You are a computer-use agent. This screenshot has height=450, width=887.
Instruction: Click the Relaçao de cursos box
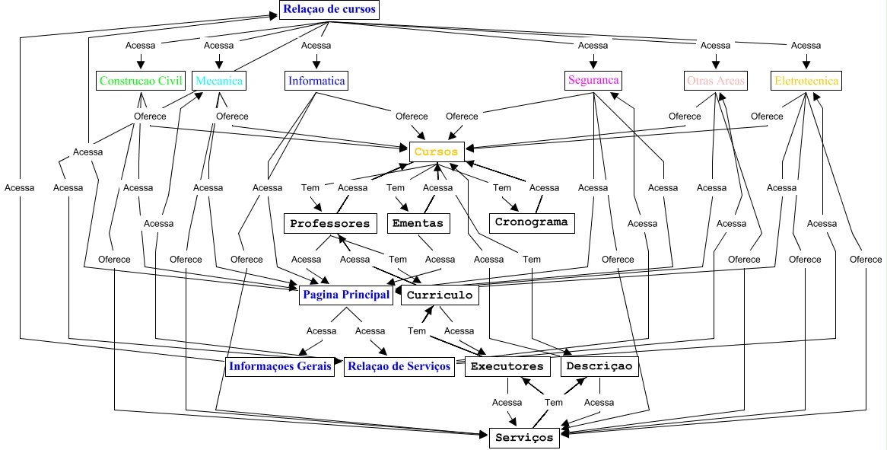point(329,10)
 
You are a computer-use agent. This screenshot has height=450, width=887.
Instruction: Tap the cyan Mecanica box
point(219,81)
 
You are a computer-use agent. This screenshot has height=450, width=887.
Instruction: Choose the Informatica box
point(316,81)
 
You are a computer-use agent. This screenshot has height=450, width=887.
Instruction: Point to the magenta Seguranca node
point(593,80)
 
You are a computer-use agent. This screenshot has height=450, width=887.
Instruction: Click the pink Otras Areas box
point(715,81)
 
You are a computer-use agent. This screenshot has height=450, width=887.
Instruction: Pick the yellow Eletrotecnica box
point(806,81)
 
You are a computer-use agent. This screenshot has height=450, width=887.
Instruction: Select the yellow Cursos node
point(437,152)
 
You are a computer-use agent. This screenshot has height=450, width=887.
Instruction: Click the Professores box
point(330,224)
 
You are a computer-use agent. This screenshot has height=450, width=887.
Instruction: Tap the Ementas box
point(418,224)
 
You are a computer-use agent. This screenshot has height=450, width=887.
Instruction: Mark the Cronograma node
point(532,222)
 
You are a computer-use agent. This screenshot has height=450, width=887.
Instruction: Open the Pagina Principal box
point(346,295)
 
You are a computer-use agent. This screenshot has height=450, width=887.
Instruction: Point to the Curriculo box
point(440,295)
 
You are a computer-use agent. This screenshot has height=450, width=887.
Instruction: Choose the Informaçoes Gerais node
point(281,366)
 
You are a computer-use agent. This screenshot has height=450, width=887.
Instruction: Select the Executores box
point(507,366)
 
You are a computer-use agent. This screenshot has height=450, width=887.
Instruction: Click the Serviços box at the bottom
point(524,438)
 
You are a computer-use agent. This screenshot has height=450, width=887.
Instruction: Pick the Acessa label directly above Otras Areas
point(715,45)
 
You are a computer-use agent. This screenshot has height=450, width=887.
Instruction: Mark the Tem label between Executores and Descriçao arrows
point(554,402)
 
